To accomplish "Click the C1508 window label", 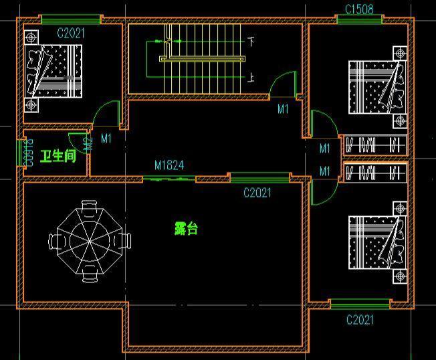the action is pyautogui.click(x=359, y=9).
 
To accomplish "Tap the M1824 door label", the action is pyautogui.click(x=169, y=165).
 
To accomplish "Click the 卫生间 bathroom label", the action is pyautogui.click(x=58, y=156).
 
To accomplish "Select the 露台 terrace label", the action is pyautogui.click(x=187, y=228).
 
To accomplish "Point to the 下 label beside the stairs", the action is pyautogui.click(x=251, y=41).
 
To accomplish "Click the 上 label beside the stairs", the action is pyautogui.click(x=251, y=78).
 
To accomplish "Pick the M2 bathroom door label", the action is pyautogui.click(x=89, y=144).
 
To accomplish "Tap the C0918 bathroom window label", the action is pyautogui.click(x=29, y=153).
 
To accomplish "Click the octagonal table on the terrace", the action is pyautogui.click(x=90, y=242).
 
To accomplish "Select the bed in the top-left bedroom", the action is pyautogui.click(x=53, y=71).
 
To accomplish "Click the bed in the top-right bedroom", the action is pyautogui.click(x=377, y=88).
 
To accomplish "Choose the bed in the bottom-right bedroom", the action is pyautogui.click(x=377, y=243).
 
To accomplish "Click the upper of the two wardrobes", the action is pyautogui.click(x=375, y=145).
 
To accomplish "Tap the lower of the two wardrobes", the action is pyautogui.click(x=375, y=173).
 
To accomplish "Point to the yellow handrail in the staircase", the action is pyautogui.click(x=202, y=59).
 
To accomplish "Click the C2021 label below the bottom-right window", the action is pyautogui.click(x=360, y=320).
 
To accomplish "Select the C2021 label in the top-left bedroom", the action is pyautogui.click(x=71, y=33).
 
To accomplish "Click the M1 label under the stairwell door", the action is pyautogui.click(x=283, y=109).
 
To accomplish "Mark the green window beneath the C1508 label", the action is pyautogui.click(x=360, y=19).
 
